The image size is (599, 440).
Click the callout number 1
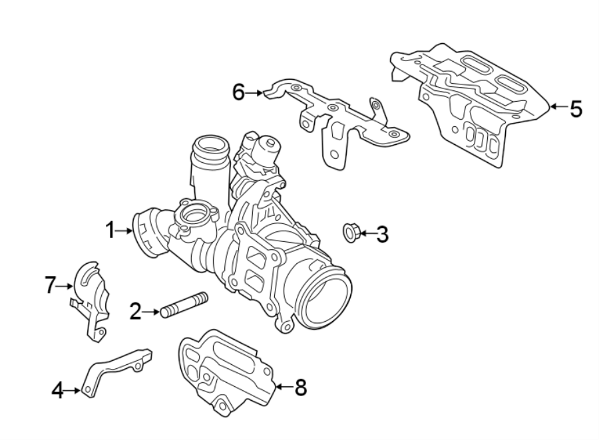click(x=110, y=231)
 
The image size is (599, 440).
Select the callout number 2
click(x=135, y=312)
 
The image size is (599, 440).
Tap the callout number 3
click(x=383, y=234)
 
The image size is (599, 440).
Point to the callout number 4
click(x=58, y=390)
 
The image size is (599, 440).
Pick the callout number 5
click(x=576, y=109)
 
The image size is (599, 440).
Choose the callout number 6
click(x=238, y=92)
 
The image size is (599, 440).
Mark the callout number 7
click(x=51, y=285)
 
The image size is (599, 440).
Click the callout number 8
click(x=301, y=387)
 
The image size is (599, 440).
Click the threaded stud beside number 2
click(x=184, y=304)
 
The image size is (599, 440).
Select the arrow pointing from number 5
click(x=558, y=106)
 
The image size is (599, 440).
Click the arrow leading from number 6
click(x=254, y=92)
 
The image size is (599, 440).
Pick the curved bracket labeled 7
click(x=90, y=302)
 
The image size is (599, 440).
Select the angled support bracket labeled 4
click(x=117, y=372)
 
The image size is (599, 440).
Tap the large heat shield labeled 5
click(x=470, y=105)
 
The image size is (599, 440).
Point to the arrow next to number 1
click(x=124, y=231)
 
